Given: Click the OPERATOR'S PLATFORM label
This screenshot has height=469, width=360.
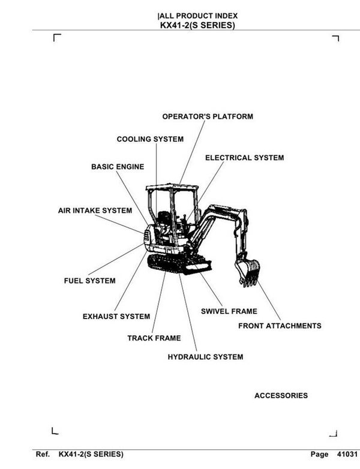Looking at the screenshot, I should [208, 116].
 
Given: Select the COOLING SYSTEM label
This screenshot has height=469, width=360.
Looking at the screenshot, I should [150, 139].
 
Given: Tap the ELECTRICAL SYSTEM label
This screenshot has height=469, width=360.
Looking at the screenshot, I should [244, 158].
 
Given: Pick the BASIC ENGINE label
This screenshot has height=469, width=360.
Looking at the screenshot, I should [118, 167].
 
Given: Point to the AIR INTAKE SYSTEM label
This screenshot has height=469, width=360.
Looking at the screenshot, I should [95, 211].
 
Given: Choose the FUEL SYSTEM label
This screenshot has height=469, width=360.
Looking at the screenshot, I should [89, 281].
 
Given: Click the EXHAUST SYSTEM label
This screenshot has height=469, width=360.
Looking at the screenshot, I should [116, 317].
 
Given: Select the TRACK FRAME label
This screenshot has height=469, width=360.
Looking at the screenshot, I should [154, 338].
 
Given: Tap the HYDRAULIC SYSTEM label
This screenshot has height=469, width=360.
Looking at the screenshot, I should [205, 357].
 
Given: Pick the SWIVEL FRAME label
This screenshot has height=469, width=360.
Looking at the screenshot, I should [229, 311].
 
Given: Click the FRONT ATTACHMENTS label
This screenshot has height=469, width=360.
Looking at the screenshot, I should [280, 326].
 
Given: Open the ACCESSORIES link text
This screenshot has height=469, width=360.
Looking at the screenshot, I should [281, 396].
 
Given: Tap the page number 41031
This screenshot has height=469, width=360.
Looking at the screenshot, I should [347, 454].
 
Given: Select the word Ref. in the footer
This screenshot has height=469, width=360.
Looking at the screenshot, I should [43, 454].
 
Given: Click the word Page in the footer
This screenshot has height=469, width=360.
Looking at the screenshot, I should [320, 454].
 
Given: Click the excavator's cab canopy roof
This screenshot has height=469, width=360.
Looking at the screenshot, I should [172, 187].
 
